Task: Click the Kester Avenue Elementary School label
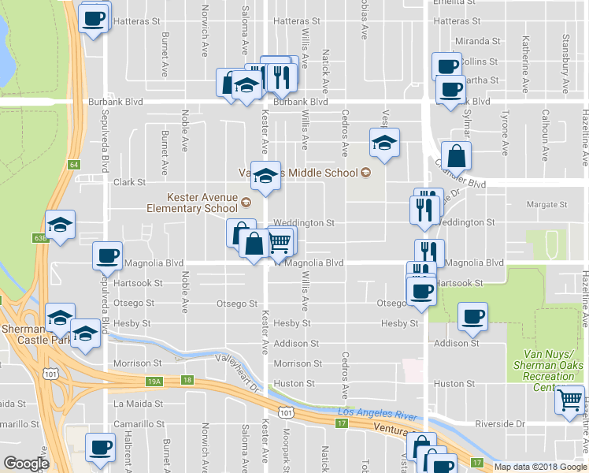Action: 191,203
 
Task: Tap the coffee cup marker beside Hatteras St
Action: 93,18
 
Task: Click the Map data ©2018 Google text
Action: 540,466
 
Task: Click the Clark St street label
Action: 129,182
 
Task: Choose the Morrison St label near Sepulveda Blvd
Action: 141,363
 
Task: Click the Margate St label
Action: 546,204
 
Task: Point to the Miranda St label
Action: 478,41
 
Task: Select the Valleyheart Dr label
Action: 239,371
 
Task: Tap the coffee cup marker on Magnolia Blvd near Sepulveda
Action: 106,255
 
